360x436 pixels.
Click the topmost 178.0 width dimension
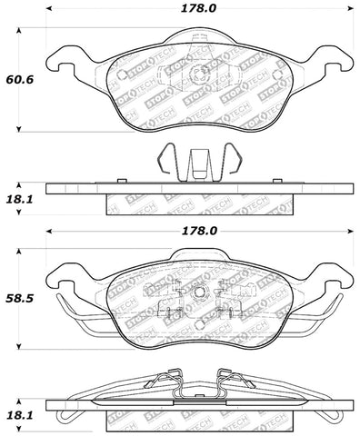(198, 12)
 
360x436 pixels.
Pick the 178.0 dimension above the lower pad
(198, 231)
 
